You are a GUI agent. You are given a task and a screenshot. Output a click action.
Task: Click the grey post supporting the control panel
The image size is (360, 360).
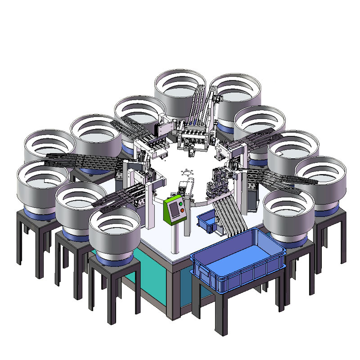[x=175, y=238]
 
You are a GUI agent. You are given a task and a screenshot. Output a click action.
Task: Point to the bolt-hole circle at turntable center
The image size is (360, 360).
[x=186, y=173]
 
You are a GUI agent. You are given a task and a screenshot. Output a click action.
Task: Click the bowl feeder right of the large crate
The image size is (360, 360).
[x=288, y=216]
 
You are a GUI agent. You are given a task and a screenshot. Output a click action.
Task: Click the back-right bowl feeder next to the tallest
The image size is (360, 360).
[x=235, y=94]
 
